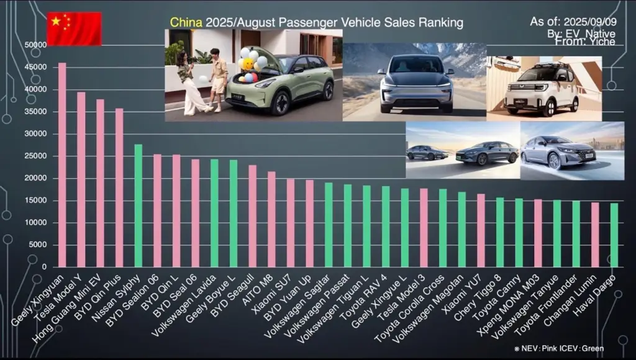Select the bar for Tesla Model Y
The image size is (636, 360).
click(81, 179)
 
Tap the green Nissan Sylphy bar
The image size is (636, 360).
click(139, 205)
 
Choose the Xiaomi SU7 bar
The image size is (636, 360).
click(291, 223)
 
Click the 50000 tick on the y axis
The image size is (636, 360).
click(35, 45)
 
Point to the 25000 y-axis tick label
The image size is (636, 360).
click(35, 156)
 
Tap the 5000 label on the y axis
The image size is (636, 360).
click(37, 245)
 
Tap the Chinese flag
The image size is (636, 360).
click(74, 29)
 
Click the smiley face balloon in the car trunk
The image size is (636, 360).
click(248, 64)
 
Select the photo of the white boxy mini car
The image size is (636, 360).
click(544, 88)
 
